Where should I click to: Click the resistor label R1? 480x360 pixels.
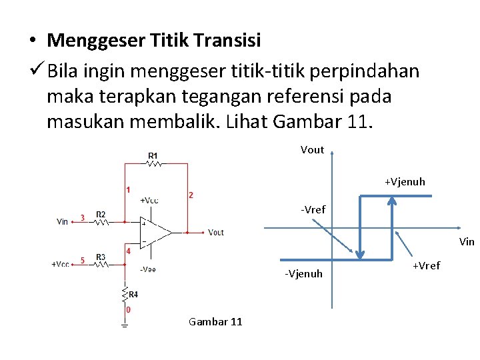(153, 156)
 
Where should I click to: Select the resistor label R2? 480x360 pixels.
(101, 214)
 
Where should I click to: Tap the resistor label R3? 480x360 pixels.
(101, 257)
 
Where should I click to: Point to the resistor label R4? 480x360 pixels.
(133, 294)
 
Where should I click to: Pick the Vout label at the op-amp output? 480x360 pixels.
(215, 232)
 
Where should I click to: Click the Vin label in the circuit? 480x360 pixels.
(63, 221)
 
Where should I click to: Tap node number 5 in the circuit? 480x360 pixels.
(82, 260)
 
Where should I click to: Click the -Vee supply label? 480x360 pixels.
(148, 269)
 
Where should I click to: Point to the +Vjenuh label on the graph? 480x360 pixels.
(404, 181)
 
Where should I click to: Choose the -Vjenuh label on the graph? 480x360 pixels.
(303, 273)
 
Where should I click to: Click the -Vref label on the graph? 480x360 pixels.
(313, 209)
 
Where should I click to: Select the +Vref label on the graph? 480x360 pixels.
(426, 266)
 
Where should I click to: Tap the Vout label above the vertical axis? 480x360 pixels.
(312, 149)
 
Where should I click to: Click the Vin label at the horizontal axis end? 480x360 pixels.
(467, 242)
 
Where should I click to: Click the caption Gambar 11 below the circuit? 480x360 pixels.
(215, 322)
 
